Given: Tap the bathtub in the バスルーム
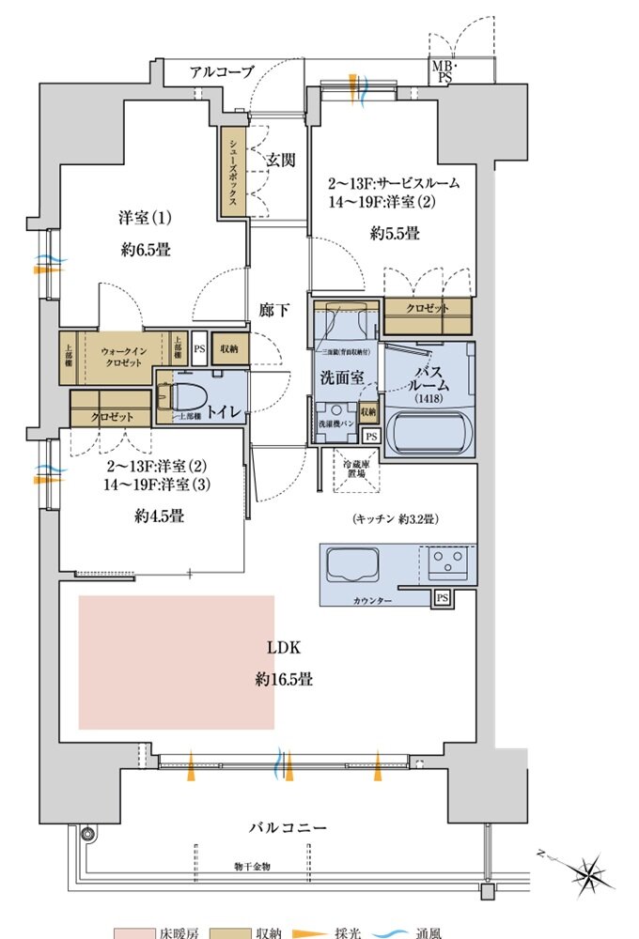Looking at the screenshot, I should coord(431,430).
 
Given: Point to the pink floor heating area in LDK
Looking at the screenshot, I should coord(176,661).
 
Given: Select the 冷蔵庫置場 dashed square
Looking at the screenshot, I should coord(355,469).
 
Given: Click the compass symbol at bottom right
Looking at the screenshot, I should coord(590,874).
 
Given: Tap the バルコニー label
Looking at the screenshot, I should coord(288,828).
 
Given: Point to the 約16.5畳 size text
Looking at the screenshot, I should coord(282,678).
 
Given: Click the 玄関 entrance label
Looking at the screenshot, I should coord(279,160).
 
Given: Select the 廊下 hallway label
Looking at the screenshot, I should coord(275,311).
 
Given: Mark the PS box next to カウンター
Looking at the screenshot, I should coord(442,597).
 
